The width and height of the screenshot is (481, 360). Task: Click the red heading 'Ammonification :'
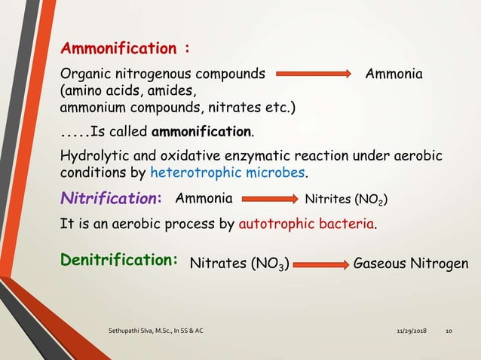[124, 49]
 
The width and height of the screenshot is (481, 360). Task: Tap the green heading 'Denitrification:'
[119, 260]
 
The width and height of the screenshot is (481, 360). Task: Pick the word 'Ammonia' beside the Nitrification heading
[204, 199]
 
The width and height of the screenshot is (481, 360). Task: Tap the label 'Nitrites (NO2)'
[347, 200]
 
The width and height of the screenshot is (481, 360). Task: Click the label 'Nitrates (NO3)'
[239, 264]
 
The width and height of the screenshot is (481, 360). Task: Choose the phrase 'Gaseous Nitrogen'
[411, 264]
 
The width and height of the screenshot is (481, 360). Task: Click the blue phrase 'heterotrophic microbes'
[228, 172]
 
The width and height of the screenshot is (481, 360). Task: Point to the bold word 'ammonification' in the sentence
[202, 133]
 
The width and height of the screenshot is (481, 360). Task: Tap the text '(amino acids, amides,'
[127, 90]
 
